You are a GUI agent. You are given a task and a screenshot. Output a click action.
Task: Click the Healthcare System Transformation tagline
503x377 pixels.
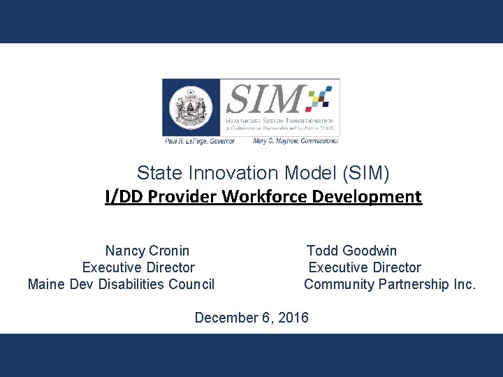[x=279, y=121]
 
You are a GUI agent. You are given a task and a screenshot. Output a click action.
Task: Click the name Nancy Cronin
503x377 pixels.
[x=147, y=251]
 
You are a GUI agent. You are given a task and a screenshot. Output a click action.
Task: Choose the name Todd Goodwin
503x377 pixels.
[x=351, y=251]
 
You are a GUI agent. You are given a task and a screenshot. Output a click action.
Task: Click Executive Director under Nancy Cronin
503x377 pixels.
[x=138, y=267]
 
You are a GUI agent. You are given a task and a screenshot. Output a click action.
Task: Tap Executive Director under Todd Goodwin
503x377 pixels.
[x=365, y=267]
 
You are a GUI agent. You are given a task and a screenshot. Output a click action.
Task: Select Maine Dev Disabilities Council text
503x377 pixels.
[x=121, y=284]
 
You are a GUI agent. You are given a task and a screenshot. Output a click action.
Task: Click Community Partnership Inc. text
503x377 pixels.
[x=389, y=284]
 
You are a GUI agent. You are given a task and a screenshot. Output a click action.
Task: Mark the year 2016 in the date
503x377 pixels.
[x=293, y=318]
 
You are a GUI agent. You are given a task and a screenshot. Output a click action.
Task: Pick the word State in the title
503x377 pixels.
[x=155, y=172]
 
